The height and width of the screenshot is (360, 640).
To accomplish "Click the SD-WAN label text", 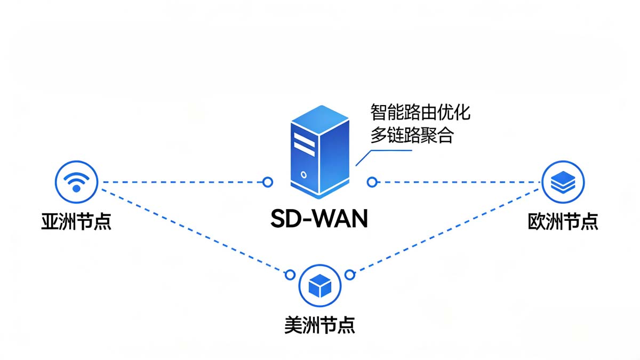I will pyautogui.click(x=319, y=219).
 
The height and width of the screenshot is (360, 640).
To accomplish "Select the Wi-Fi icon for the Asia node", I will pyautogui.click(x=76, y=182).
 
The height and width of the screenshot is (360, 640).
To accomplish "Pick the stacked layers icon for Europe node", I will pyautogui.click(x=563, y=182).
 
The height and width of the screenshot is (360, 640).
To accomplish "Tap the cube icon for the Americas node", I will pyautogui.click(x=320, y=287).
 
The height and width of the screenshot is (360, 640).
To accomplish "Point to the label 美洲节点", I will pyautogui.click(x=319, y=325).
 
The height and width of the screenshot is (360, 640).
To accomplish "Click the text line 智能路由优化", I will pyautogui.click(x=420, y=114).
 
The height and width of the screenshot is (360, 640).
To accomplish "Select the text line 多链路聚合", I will pyautogui.click(x=412, y=135).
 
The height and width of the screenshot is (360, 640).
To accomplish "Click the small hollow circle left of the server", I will pyautogui.click(x=268, y=182).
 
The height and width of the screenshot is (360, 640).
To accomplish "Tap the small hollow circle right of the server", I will pyautogui.click(x=372, y=182).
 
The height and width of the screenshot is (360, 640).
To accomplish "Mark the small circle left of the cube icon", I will pyautogui.click(x=290, y=275).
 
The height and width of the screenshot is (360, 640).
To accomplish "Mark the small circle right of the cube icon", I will pyautogui.click(x=349, y=275).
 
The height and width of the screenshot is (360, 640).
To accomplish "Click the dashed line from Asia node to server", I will pyautogui.click(x=181, y=182).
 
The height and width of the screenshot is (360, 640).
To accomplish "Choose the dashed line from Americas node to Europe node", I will pyautogui.click(x=448, y=229).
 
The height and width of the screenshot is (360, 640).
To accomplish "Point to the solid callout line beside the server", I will pyautogui.click(x=387, y=150).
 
